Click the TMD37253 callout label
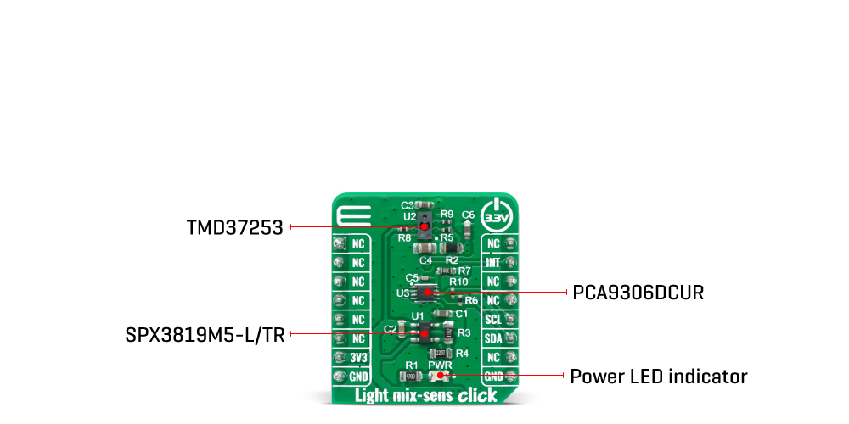(x=234, y=227)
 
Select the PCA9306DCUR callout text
(x=638, y=293)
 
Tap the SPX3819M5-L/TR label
(x=203, y=334)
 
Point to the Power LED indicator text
(x=658, y=376)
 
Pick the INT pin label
(x=493, y=263)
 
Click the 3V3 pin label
(x=358, y=357)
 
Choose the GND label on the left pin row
(x=358, y=377)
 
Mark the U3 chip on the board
(x=427, y=293)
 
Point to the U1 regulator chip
(x=424, y=332)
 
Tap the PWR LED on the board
(x=441, y=376)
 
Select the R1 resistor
(x=413, y=376)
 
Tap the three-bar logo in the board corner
(x=348, y=216)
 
